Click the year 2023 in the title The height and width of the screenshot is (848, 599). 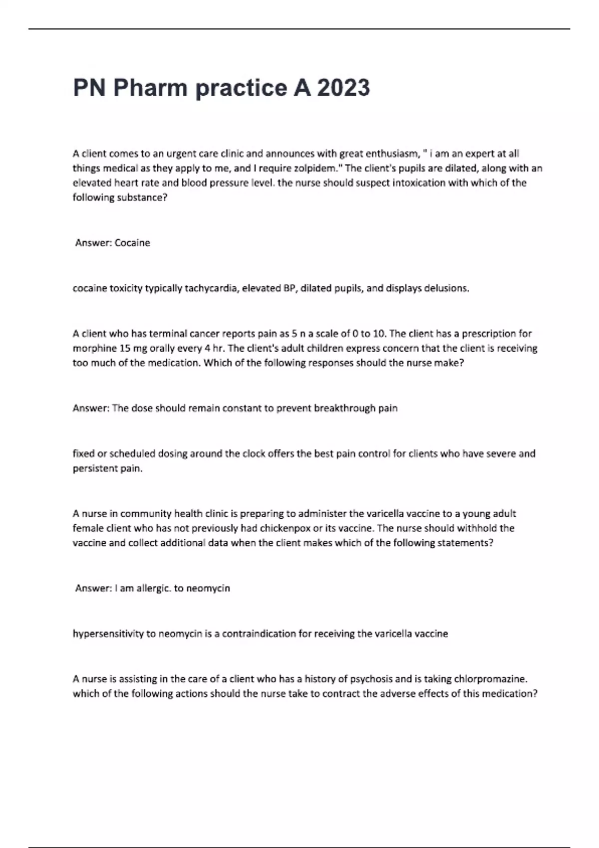[343, 88]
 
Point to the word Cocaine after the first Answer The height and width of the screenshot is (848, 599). [132, 243]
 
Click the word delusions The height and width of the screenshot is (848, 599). [446, 288]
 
